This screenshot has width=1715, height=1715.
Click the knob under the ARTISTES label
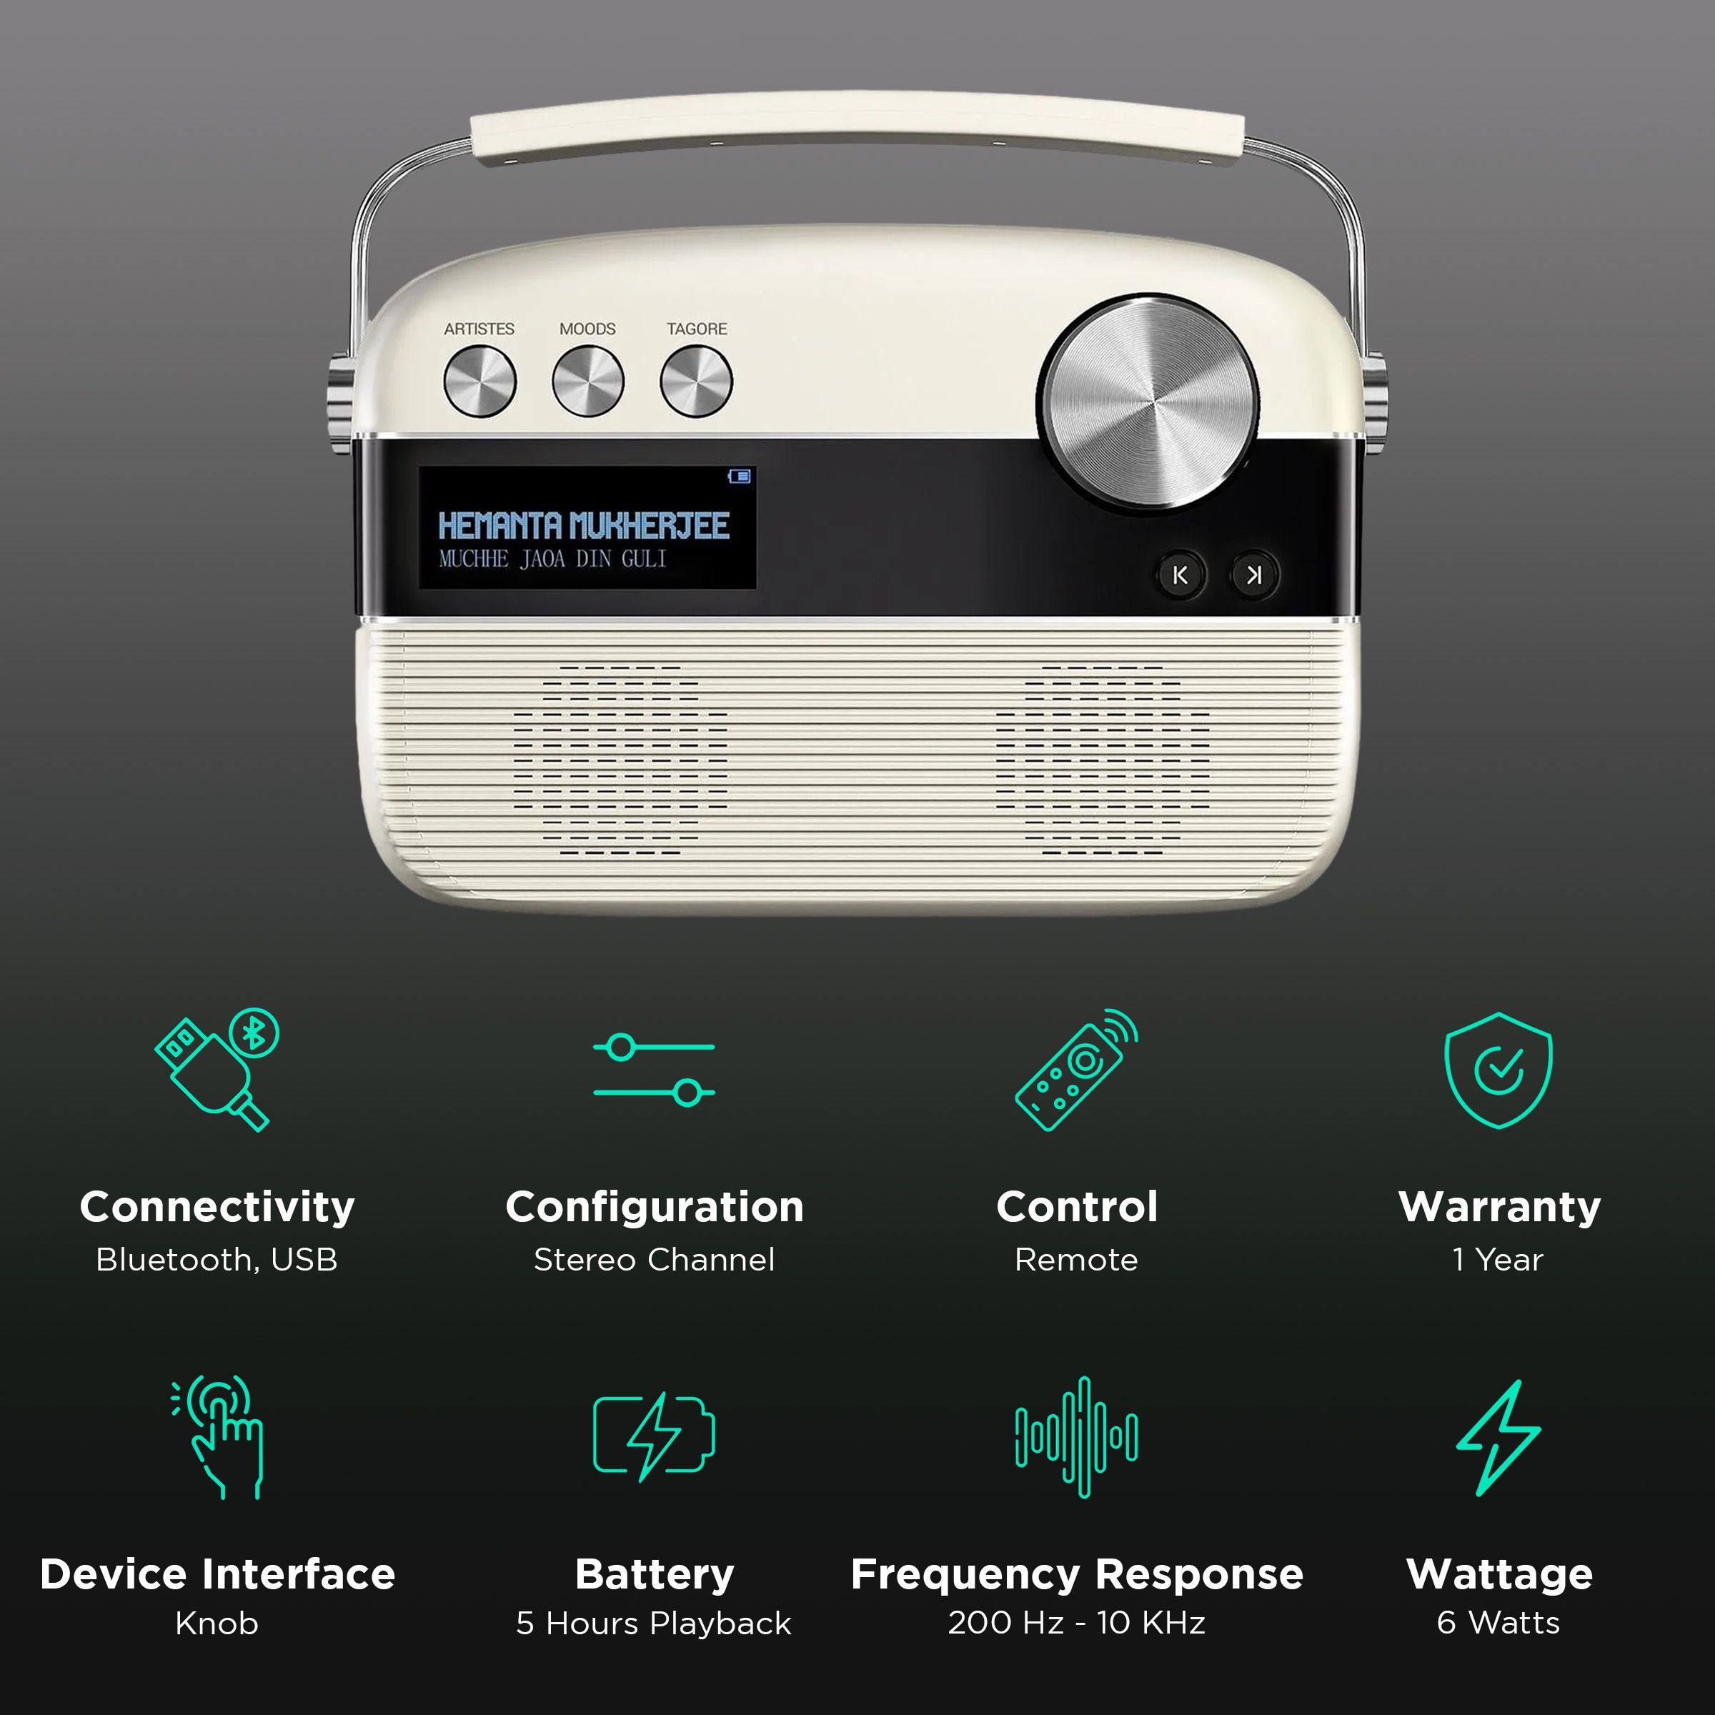[479, 382]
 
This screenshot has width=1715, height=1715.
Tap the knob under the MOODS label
[587, 382]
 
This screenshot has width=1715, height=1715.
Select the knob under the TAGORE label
[696, 382]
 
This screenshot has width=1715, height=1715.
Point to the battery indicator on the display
[740, 477]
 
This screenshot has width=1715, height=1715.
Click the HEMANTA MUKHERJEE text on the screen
[583, 525]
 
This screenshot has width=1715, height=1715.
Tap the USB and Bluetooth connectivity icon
[217, 1069]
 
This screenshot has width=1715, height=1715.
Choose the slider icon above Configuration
[655, 1069]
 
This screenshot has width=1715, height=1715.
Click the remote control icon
[1076, 1069]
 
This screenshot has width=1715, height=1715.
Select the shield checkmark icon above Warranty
[1498, 1069]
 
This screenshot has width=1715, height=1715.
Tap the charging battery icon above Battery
[655, 1436]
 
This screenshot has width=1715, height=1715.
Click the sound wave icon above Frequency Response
[1077, 1436]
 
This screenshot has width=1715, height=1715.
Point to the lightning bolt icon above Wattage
[1498, 1436]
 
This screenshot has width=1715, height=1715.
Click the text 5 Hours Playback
[655, 1623]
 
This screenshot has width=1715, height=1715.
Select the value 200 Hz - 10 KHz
[1077, 1622]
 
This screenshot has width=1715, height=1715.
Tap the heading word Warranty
[1499, 1206]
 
